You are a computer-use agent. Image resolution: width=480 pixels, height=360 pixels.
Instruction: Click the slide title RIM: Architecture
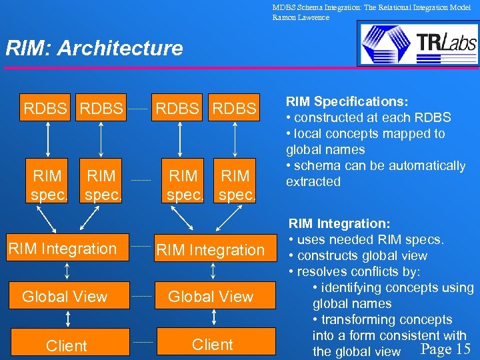(x=94, y=48)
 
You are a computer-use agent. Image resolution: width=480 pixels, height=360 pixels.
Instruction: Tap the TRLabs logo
(x=417, y=43)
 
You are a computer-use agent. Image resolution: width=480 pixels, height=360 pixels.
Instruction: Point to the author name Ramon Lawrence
(x=301, y=17)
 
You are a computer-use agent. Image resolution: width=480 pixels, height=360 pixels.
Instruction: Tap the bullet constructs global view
(x=361, y=256)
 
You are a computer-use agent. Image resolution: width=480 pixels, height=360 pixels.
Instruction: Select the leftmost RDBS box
(x=45, y=108)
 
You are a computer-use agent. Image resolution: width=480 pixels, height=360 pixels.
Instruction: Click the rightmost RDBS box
(x=235, y=108)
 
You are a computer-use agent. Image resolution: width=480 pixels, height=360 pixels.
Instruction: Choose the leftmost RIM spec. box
(x=47, y=185)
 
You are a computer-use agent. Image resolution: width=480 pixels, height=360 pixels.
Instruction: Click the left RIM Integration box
(x=63, y=249)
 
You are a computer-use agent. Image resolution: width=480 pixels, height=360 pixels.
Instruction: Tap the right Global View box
(x=211, y=297)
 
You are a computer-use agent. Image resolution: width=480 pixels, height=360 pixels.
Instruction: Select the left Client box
(x=66, y=345)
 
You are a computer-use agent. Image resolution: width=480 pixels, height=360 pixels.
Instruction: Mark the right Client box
(x=213, y=345)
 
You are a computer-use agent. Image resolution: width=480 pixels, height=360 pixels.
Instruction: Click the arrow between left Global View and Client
(x=66, y=320)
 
